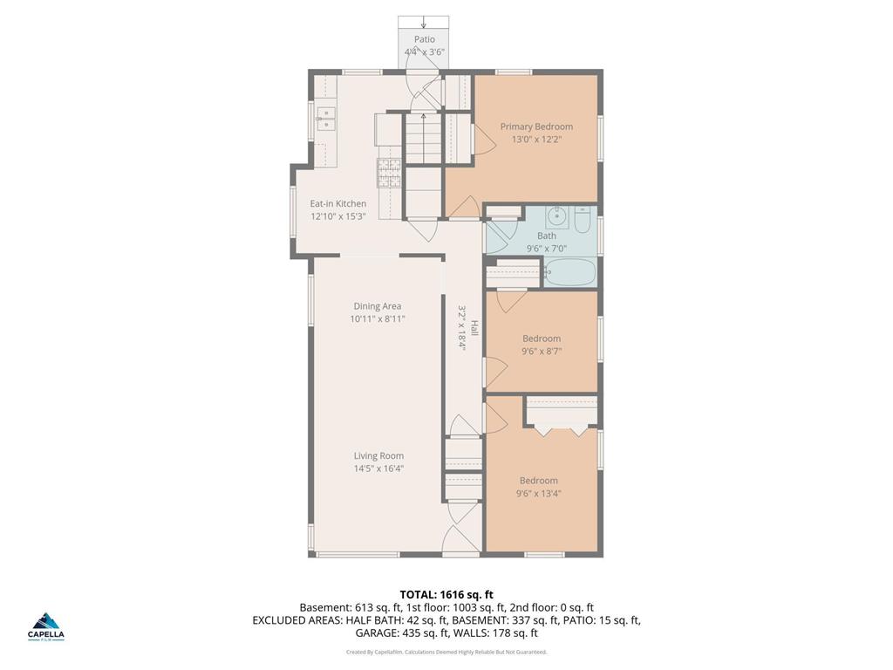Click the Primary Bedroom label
536,126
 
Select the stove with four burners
389,173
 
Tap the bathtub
569,273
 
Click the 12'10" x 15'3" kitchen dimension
338,216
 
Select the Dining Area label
377,306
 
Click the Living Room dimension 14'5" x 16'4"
378,468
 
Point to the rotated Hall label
474,328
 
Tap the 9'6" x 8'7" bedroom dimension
542,352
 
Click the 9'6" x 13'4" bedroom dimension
538,493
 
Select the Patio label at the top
424,39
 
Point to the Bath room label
547,236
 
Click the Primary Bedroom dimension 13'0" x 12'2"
536,139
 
